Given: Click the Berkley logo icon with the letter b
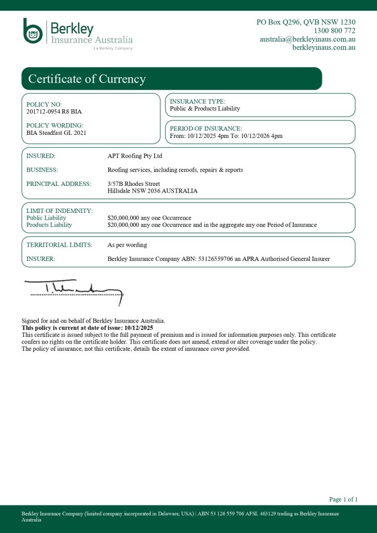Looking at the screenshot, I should [33, 31].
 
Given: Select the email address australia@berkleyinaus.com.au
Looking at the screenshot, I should [307, 39].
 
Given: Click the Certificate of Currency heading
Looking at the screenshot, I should [87, 79].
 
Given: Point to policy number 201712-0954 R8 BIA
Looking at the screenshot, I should [54, 111].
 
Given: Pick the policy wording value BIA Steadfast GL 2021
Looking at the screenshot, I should [56, 133].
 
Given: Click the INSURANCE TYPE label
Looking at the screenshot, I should [197, 101].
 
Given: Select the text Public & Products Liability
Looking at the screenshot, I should [205, 108].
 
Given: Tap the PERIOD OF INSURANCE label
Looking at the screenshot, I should [206, 128].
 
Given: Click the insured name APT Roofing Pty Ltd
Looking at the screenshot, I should [134, 156].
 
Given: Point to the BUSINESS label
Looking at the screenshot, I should [42, 170].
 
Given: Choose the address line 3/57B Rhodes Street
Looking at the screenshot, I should [133, 184].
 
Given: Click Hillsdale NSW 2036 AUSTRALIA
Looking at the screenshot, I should [152, 191].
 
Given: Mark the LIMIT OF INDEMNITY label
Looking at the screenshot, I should [59, 210].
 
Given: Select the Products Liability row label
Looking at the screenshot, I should [49, 225].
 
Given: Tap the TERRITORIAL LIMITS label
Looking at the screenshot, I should [59, 245].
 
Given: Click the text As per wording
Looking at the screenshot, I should [127, 245].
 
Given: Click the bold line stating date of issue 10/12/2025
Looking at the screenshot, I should [87, 328].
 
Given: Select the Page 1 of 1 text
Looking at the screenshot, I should [343, 499].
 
